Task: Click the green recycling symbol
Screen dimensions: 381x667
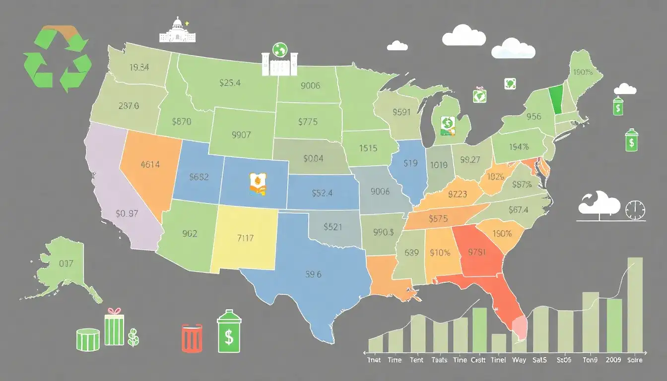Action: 57,59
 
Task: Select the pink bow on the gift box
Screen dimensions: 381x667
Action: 115,312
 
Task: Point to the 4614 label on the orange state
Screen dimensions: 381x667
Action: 150,164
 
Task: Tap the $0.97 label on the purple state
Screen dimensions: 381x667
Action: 127,214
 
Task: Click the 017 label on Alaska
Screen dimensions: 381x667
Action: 66,263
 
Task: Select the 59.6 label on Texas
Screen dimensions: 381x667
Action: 314,273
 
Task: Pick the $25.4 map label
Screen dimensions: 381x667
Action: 230,83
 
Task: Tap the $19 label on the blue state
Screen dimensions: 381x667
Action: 410,163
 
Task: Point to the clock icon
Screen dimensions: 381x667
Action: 635,210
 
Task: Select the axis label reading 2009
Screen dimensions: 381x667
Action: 614,360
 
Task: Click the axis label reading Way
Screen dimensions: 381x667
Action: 519,360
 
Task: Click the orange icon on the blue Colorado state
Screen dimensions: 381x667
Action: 257,183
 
